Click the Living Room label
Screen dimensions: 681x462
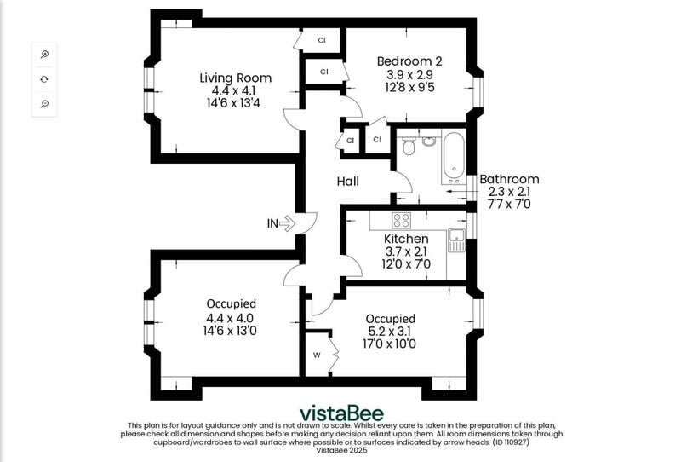coord(236,78)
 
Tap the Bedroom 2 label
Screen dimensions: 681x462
coord(409,61)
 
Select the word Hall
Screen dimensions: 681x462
coord(348,181)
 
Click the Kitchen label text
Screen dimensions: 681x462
coord(406,239)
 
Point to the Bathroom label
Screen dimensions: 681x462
coord(509,179)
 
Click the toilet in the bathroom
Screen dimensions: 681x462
coord(409,146)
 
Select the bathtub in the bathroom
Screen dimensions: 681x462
coord(454,159)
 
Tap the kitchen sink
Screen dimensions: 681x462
coord(456,240)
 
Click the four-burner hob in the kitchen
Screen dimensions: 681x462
coord(401,220)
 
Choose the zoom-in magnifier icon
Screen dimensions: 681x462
coord(44,55)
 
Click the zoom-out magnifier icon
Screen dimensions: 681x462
coord(44,103)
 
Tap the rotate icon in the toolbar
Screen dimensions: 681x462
coord(44,79)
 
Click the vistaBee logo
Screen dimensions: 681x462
coord(342,413)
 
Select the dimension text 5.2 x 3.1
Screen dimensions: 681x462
coord(389,332)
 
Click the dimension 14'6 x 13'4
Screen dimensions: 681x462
coord(233,103)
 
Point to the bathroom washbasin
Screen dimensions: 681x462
coord(429,141)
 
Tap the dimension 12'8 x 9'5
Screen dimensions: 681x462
coord(409,87)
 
